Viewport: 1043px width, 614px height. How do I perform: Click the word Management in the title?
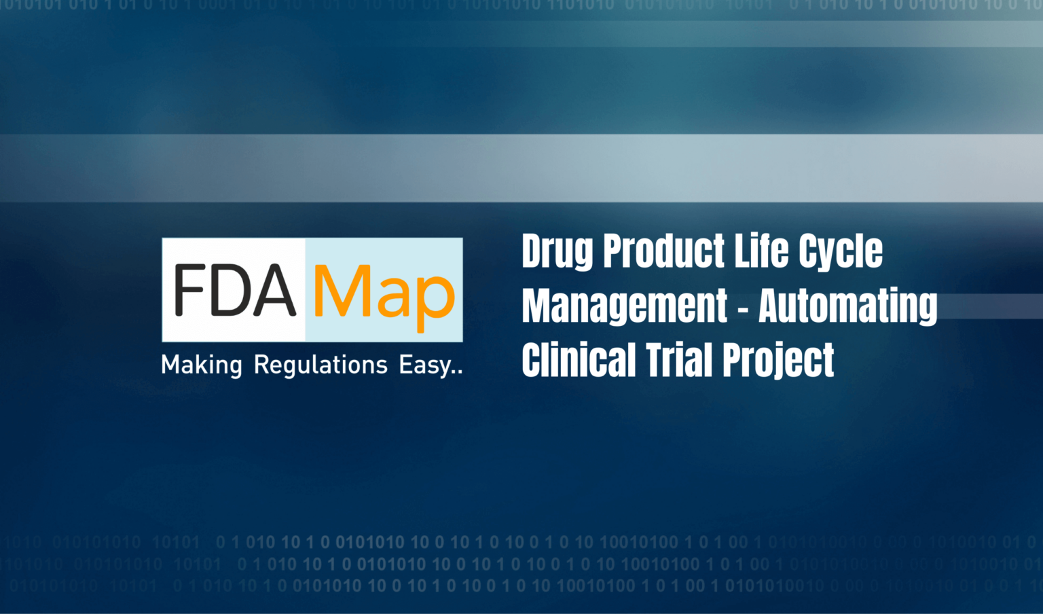[x=625, y=306]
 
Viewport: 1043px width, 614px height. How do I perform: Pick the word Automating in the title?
[x=847, y=306]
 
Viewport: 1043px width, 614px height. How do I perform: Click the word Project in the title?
[x=778, y=361]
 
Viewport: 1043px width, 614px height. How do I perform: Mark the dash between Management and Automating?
[x=743, y=307]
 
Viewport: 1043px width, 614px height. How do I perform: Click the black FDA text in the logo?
[x=234, y=291]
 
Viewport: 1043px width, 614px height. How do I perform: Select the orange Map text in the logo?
[x=383, y=293]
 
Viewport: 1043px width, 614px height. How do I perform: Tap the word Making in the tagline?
[x=201, y=365]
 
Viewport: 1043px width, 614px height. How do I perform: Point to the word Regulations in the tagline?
[x=321, y=365]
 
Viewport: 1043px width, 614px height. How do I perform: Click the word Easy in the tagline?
[x=425, y=365]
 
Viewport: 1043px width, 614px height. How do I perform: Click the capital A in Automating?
[x=773, y=306]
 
